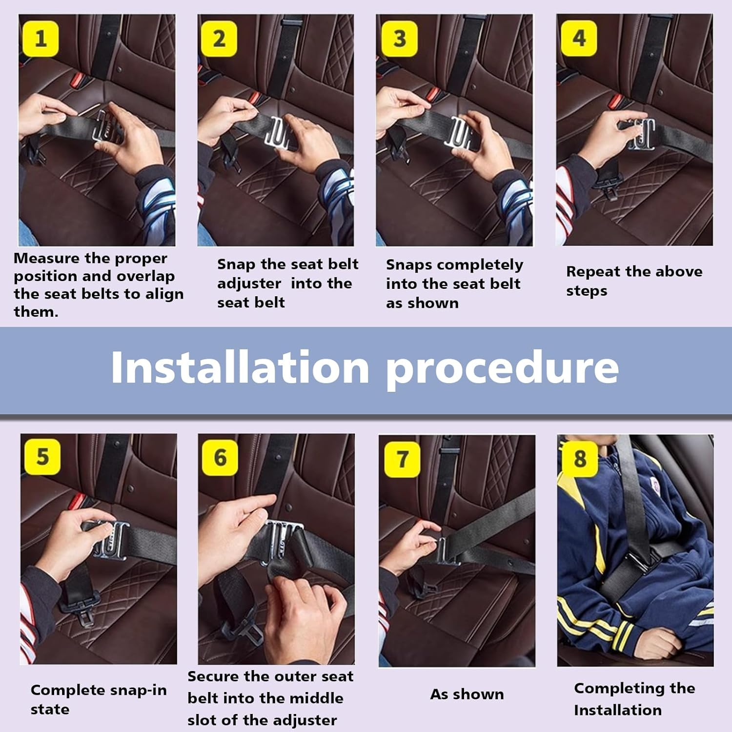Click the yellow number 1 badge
[41, 39]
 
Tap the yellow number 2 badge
[219, 39]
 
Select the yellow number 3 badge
[400, 39]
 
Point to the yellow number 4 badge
[579, 38]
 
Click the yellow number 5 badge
[42, 456]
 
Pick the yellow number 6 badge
[220, 457]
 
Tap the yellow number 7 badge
[402, 459]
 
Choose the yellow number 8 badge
[580, 459]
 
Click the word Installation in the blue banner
[240, 367]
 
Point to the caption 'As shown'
[467, 694]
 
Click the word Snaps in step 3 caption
[409, 265]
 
